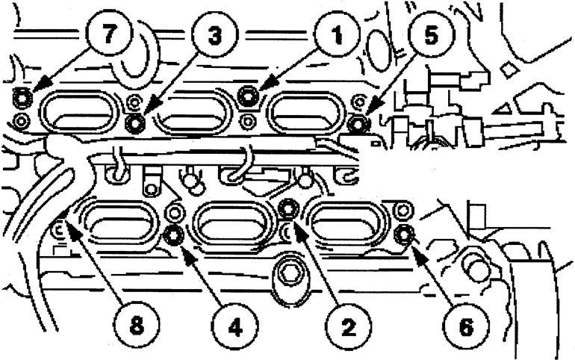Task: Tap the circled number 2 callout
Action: coord(348,326)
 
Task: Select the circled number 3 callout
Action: coord(215,35)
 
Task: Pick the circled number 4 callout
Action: coord(234,326)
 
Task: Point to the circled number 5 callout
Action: coord(432,35)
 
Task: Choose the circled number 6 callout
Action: coord(466,326)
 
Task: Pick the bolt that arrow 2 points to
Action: coord(289,208)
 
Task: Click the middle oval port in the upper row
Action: coord(193,110)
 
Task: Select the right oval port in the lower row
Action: coord(347,223)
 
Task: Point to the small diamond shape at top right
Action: coord(508,69)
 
